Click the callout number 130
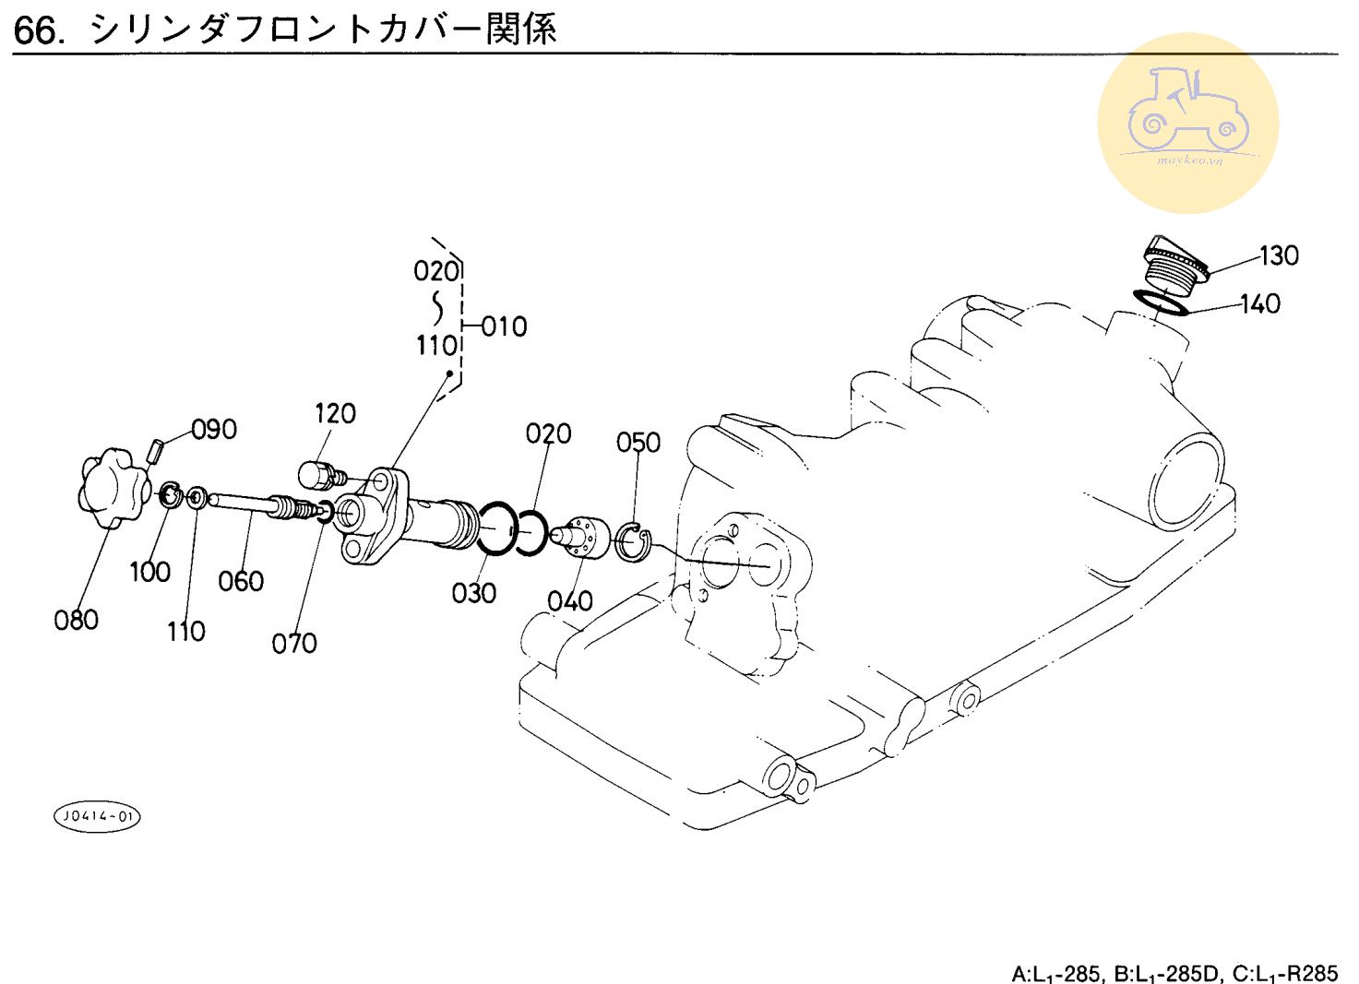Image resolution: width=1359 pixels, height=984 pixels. (x=1279, y=255)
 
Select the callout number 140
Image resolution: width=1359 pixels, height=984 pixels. (x=1260, y=303)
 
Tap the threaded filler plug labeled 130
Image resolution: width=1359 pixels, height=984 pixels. (x=1174, y=260)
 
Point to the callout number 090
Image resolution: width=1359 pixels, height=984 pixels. (x=214, y=430)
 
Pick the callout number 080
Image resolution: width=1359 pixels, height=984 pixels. (x=76, y=620)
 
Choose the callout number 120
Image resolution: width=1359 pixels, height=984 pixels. (x=335, y=413)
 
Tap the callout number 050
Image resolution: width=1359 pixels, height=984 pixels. (x=638, y=443)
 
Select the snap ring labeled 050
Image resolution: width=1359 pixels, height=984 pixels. (x=634, y=541)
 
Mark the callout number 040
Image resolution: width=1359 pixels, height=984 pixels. (x=570, y=601)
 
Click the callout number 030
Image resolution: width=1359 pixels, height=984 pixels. (x=474, y=593)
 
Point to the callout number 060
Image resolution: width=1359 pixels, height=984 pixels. (x=241, y=581)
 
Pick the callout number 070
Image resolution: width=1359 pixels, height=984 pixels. (x=294, y=643)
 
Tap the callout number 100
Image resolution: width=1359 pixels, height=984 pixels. (x=149, y=572)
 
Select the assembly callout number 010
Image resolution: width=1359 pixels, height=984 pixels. (x=505, y=326)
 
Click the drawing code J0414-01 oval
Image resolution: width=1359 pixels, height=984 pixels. (x=98, y=816)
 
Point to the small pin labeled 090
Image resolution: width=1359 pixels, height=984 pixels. (x=156, y=451)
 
